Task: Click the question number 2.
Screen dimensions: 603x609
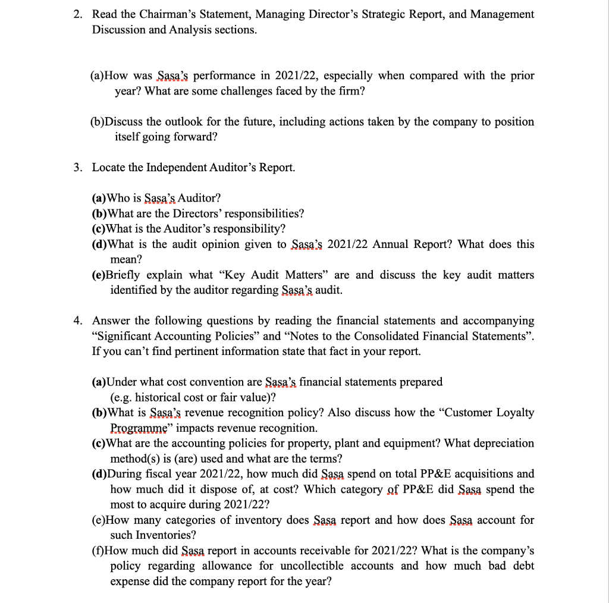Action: [77, 14]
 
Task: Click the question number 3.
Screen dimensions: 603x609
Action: [77, 168]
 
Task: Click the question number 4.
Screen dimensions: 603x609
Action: [77, 321]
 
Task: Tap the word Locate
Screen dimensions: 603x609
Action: [108, 168]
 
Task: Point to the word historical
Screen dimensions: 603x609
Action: [159, 397]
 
